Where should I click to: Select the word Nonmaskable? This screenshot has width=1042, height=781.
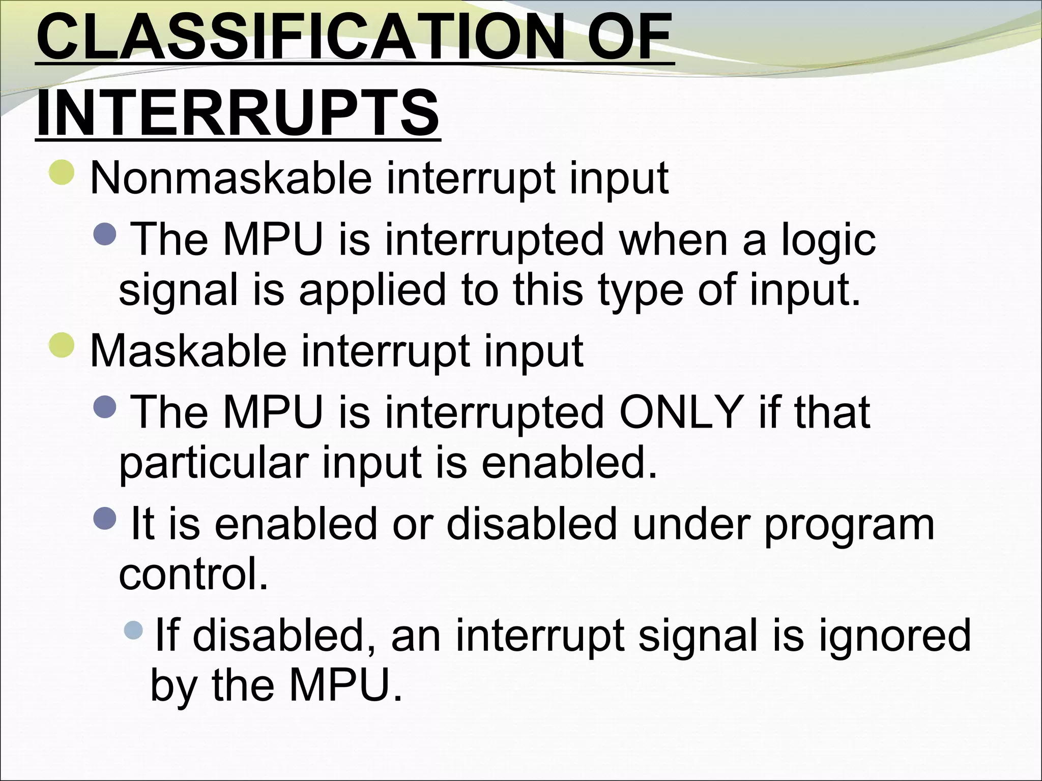coord(230,178)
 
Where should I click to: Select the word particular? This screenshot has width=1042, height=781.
coord(214,464)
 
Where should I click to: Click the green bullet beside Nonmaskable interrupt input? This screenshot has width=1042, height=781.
coord(63,172)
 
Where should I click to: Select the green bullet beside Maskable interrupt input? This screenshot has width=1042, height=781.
coord(63,345)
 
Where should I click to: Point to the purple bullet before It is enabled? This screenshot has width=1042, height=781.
coord(106,518)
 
